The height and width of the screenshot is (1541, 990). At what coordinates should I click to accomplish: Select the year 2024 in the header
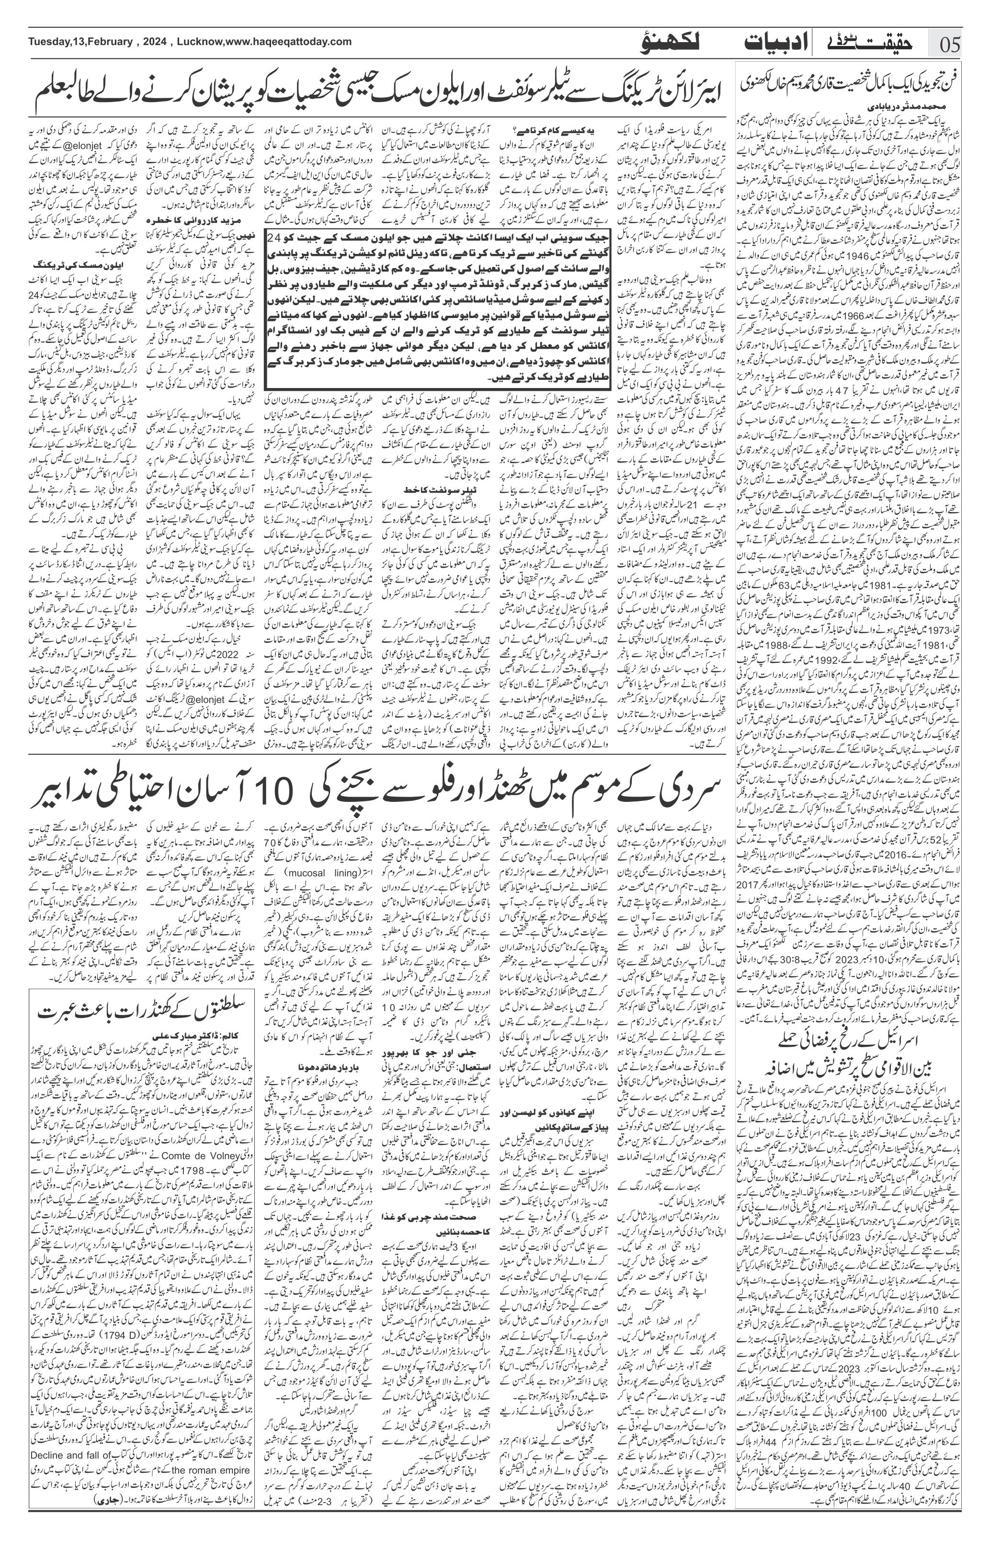click(152, 42)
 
